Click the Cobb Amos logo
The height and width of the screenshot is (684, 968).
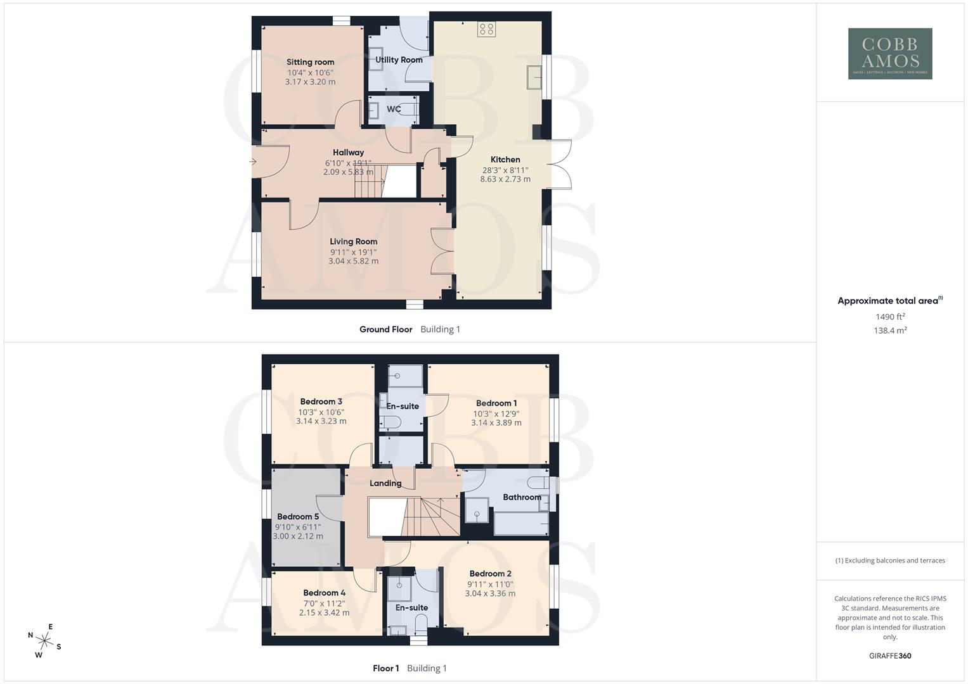click(x=889, y=53)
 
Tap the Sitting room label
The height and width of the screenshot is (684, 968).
click(x=310, y=62)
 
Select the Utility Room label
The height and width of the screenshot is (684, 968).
click(x=399, y=60)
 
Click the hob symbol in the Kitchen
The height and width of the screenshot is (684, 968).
click(x=486, y=28)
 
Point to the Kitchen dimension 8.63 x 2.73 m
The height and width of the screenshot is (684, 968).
click(x=505, y=179)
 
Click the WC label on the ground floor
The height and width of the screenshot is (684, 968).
click(x=394, y=109)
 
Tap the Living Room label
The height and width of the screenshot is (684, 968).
click(x=353, y=241)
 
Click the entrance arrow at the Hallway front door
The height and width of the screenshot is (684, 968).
click(x=253, y=162)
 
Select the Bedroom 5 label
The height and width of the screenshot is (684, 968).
click(x=298, y=516)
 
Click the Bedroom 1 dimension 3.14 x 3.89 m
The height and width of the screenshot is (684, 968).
click(x=496, y=422)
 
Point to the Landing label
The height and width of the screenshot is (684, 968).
click(x=385, y=483)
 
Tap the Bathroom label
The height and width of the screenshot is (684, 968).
click(x=522, y=497)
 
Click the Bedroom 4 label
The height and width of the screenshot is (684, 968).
click(x=324, y=593)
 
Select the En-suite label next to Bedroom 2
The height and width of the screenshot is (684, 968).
click(x=411, y=607)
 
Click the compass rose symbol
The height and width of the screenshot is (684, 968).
click(x=44, y=640)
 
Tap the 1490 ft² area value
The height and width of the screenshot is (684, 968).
click(x=890, y=317)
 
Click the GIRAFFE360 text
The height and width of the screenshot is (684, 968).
click(x=890, y=656)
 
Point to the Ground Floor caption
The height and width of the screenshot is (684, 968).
click(x=385, y=329)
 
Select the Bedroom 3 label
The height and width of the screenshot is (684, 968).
click(x=321, y=402)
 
